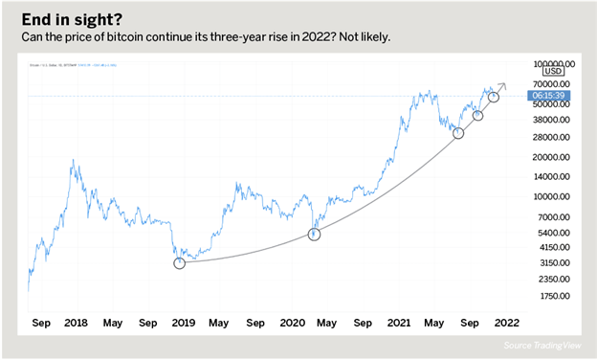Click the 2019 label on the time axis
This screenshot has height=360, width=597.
[x=182, y=324]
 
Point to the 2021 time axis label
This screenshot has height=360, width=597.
[x=400, y=324]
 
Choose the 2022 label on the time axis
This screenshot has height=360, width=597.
[x=508, y=324]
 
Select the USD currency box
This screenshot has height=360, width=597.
[x=553, y=71]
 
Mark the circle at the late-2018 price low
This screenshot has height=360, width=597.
[x=179, y=262]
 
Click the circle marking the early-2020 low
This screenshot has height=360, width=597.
[x=314, y=235]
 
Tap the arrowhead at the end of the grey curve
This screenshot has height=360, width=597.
[x=504, y=89]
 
